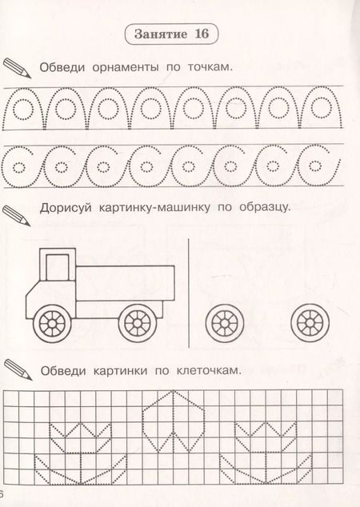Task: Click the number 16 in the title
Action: pos(202,34)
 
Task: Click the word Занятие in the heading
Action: pos(161,34)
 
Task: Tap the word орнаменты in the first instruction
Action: pos(126,67)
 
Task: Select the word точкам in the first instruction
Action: pos(210,67)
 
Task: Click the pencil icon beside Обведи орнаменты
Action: pos(17,68)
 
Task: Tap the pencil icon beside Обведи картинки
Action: pos(18,369)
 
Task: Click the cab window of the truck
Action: pos(58,267)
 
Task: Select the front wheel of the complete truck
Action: pos(52,323)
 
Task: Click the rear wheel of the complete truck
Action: pos(138,323)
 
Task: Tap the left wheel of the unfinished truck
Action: pos(225,323)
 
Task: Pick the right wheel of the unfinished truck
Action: pos(310,323)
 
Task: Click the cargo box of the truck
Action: pos(125,283)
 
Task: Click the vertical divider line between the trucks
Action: pos(189,293)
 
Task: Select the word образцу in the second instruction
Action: pos(264,207)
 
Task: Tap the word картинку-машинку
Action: pos(154,207)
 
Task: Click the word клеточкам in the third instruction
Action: pos(209,370)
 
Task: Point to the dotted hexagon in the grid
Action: pos(174,421)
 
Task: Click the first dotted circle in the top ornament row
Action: pos(22,109)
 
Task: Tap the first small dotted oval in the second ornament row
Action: pos(18,167)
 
